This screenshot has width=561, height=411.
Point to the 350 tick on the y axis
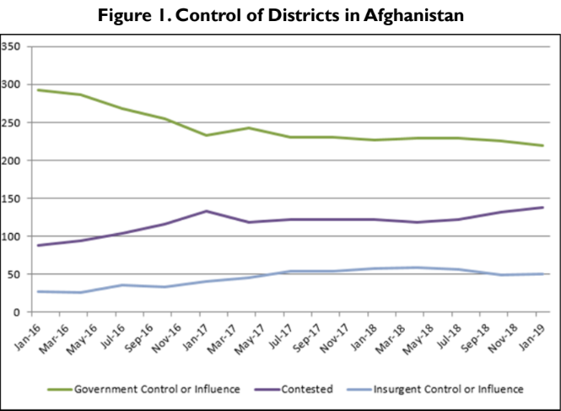coord(11,46)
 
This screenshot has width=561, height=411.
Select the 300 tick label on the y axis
coord(11,84)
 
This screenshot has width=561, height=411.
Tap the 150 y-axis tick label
coord(11,198)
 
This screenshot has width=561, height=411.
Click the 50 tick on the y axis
coord(13,274)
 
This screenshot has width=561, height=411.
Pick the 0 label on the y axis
coord(17,312)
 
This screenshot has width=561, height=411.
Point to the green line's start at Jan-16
coord(38,89)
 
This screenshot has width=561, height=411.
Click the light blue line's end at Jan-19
coord(542,273)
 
